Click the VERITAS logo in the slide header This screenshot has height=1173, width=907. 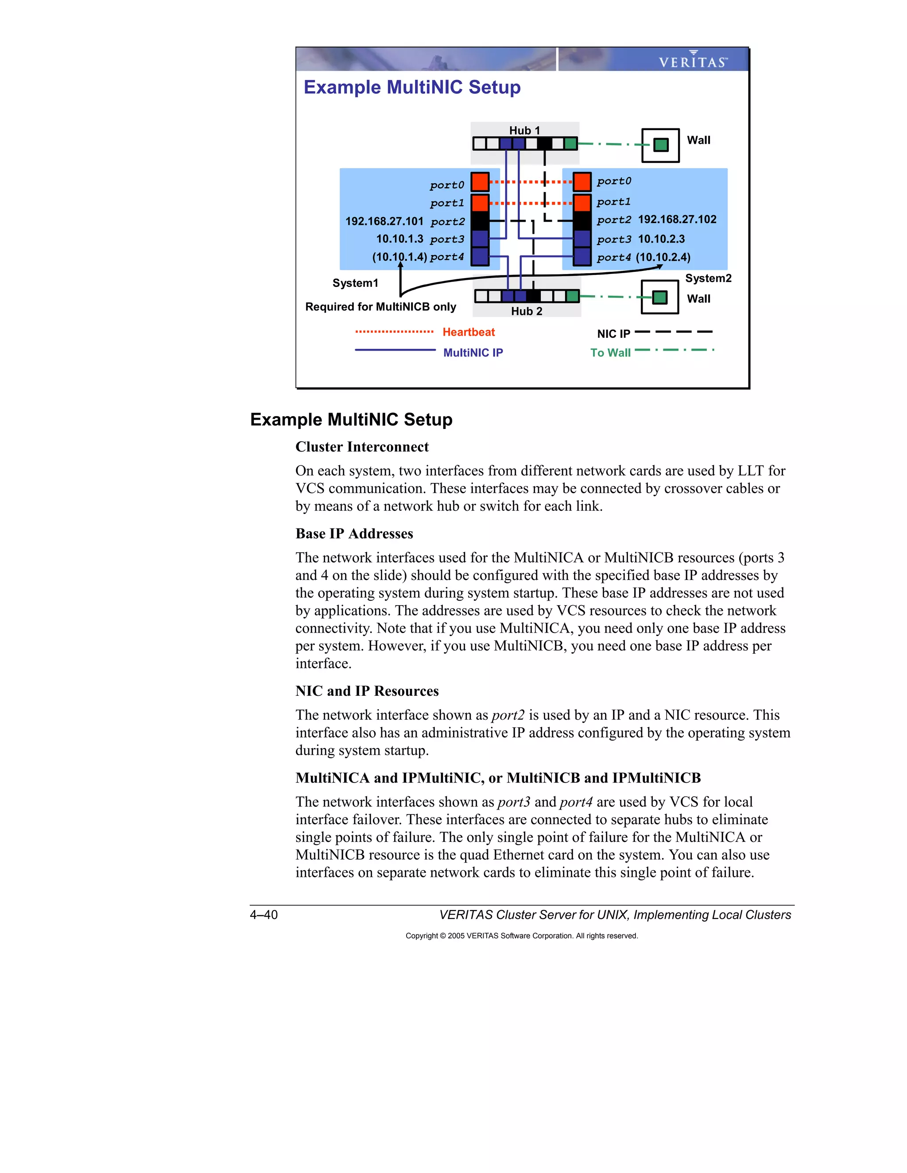coord(693,61)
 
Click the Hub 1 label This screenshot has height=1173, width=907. coord(524,131)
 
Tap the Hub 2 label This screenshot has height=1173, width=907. coord(527,311)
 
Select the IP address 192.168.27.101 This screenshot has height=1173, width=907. coord(384,221)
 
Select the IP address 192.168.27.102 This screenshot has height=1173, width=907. coord(677,219)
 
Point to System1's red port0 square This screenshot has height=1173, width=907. coord(480,182)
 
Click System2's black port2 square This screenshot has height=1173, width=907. coord(582,220)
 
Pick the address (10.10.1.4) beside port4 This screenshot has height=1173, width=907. coord(399,257)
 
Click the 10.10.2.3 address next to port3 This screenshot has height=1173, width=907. coord(662,239)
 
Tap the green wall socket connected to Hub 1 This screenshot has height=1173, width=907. coord(661,145)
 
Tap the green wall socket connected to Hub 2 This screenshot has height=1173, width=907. coord(660,297)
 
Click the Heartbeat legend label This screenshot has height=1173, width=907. coord(469,332)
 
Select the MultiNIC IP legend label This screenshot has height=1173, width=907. coord(473,352)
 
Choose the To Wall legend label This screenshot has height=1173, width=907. coord(610,352)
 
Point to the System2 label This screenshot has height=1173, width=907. coord(708,278)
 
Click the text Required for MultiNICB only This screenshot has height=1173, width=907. coord(380,307)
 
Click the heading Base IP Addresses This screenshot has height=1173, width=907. coord(354,533)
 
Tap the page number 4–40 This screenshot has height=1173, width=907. coord(264,914)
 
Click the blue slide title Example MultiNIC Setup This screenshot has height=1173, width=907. coord(412,87)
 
